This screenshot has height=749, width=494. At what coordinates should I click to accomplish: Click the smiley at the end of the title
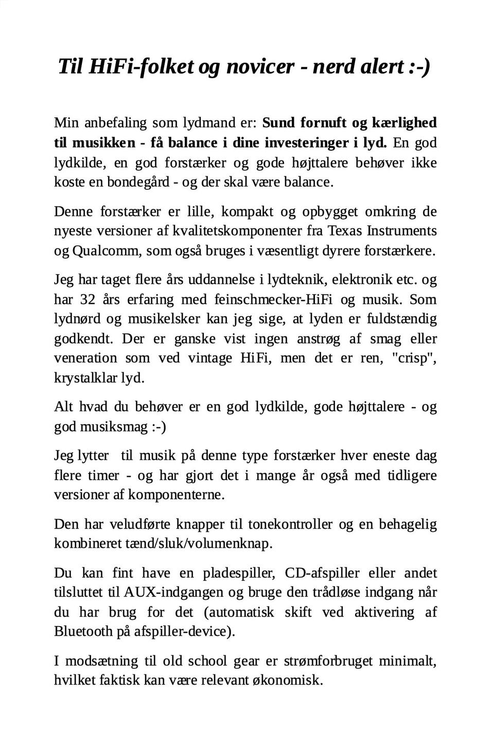coord(419,67)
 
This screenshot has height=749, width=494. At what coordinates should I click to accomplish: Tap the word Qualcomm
coord(107,251)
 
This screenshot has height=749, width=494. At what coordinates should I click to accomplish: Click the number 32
coord(88,299)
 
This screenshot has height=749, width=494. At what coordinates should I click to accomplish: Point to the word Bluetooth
coord(83,631)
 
